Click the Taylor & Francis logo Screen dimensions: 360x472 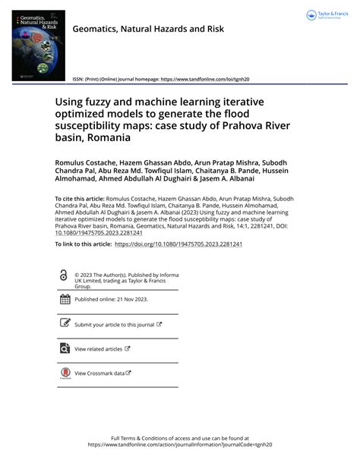tap(327, 15)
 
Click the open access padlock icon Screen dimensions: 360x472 tap(64, 277)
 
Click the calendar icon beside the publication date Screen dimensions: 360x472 tap(64, 299)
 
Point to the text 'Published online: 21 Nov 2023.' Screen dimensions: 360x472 tap(111, 300)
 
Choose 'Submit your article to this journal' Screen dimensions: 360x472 tap(114, 324)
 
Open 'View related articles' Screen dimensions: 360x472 tap(98, 349)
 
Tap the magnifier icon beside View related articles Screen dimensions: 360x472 tap(64, 348)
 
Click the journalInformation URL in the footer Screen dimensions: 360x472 tap(180, 445)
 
